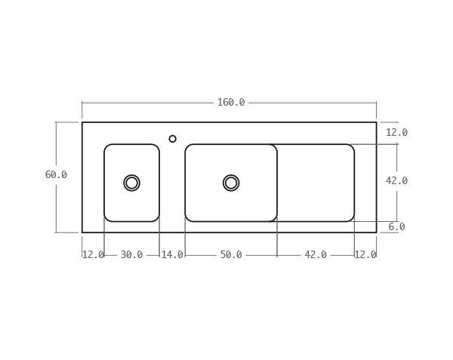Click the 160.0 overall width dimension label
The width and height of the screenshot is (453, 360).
point(230,103)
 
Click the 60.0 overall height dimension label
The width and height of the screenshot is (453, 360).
point(56,175)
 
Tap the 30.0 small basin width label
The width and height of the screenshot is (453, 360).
point(131,255)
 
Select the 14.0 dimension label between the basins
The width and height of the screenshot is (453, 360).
point(172,255)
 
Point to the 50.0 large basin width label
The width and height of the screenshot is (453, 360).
point(231,255)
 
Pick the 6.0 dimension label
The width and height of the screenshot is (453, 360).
point(396,227)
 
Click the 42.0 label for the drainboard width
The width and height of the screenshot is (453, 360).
point(316,255)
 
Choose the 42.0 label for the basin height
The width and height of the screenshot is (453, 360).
point(396,181)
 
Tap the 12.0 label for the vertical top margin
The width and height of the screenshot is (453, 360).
point(396,133)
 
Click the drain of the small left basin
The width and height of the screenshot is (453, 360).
point(131,183)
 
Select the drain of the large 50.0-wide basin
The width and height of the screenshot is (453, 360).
point(231,183)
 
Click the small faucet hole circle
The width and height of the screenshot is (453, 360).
point(172,139)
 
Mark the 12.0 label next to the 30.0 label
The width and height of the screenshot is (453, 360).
point(93,255)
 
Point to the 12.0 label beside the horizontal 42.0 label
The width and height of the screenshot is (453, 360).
point(365,255)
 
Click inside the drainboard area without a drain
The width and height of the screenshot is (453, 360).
point(316,183)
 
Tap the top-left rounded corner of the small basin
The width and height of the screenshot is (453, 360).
point(107,147)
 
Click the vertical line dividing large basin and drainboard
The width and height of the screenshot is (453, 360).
point(277,183)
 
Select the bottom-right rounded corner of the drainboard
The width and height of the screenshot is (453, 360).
point(351,218)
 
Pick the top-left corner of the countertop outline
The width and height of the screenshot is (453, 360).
point(82,122)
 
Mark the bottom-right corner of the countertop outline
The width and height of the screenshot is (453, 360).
point(376,232)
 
